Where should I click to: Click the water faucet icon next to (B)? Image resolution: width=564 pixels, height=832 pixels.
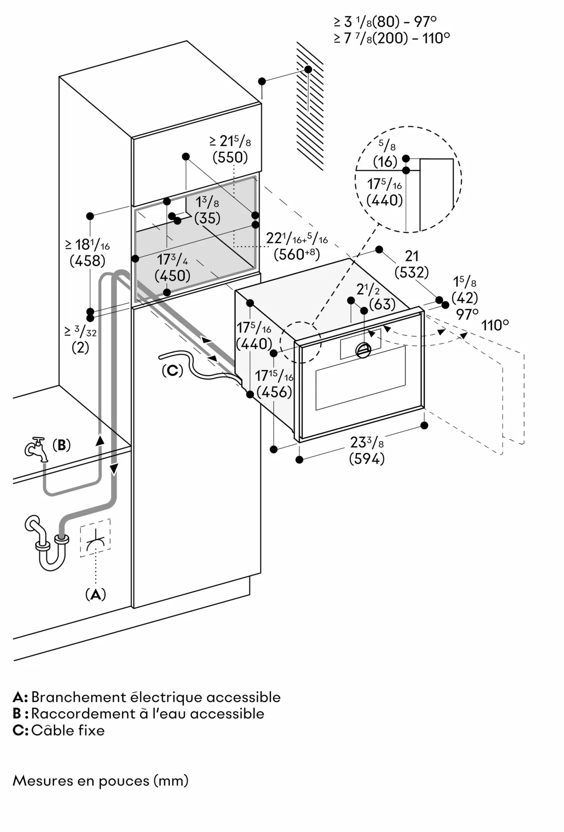point(36,450)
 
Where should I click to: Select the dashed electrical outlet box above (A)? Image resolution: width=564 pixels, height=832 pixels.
point(95,538)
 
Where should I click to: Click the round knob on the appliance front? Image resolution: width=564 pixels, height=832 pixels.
point(363,350)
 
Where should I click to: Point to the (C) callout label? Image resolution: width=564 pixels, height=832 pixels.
point(172,370)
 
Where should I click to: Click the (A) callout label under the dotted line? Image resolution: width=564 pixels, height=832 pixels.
point(95,595)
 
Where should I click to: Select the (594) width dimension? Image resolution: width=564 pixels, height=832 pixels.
point(367,459)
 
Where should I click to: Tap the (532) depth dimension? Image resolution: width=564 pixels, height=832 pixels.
point(411,272)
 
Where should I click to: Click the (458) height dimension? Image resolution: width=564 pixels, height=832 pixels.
point(87,261)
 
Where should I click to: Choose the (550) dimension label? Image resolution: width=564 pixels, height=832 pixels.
point(230,157)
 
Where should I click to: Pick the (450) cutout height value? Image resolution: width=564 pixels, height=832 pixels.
point(172,275)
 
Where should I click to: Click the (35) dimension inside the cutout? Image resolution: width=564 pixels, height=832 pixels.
point(207,218)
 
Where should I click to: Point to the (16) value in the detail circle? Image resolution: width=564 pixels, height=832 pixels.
point(385,161)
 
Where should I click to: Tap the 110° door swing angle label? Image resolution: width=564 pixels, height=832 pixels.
point(495,325)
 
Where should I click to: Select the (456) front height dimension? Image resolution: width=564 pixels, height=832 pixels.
point(274,392)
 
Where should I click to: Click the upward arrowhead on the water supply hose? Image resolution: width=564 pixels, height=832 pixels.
point(99,440)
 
